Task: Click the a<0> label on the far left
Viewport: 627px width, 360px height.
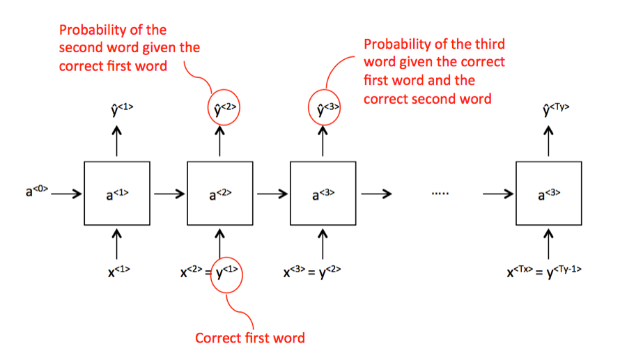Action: tap(37, 191)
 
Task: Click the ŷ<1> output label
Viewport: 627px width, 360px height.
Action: tap(122, 109)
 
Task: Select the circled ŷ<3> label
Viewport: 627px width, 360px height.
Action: tap(324, 108)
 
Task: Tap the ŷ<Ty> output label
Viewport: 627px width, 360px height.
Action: tap(556, 109)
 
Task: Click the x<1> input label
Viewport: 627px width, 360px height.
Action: tap(118, 272)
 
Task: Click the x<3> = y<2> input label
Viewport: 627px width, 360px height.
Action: tap(312, 272)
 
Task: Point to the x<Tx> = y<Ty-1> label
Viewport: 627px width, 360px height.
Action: tap(544, 272)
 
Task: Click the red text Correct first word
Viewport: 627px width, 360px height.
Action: tap(250, 338)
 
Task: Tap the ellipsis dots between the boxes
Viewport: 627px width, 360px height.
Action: tap(440, 194)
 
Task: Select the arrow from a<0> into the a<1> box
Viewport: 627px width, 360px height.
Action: tap(66, 194)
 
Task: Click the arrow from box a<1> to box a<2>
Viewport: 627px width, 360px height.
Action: tap(169, 194)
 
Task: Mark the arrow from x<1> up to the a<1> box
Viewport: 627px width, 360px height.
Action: tap(117, 244)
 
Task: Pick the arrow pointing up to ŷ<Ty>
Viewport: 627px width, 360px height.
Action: tap(549, 141)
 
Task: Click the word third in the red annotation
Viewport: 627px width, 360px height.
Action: tap(489, 44)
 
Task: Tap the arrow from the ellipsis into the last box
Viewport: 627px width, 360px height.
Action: tap(498, 194)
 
